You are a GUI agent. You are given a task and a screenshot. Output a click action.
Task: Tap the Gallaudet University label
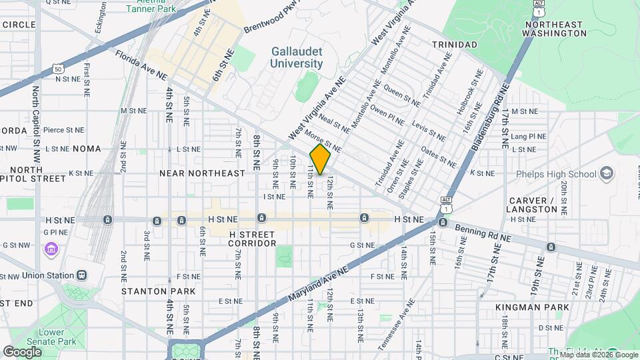pyautogui.click(x=297, y=57)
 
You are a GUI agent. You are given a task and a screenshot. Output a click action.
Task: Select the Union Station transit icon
pyautogui.click(x=81, y=275)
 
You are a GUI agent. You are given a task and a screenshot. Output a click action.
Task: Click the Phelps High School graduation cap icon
pyautogui.click(x=606, y=175)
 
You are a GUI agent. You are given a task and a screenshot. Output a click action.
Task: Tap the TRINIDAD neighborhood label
pyautogui.click(x=454, y=44)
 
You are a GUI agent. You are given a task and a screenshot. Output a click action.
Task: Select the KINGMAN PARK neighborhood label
pyautogui.click(x=532, y=307)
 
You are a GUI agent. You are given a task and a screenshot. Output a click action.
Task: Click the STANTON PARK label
pyautogui.click(x=159, y=291)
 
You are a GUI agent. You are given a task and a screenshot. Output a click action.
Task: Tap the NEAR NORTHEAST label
pyautogui.click(x=202, y=173)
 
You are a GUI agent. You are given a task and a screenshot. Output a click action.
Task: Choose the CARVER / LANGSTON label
pyautogui.click(x=533, y=205)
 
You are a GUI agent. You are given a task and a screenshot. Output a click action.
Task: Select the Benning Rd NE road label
pyautogui.click(x=483, y=233)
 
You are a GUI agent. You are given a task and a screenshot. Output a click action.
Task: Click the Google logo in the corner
pyautogui.click(x=22, y=351)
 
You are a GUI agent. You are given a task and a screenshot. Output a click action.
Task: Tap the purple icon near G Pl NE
pyautogui.click(x=51, y=250)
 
